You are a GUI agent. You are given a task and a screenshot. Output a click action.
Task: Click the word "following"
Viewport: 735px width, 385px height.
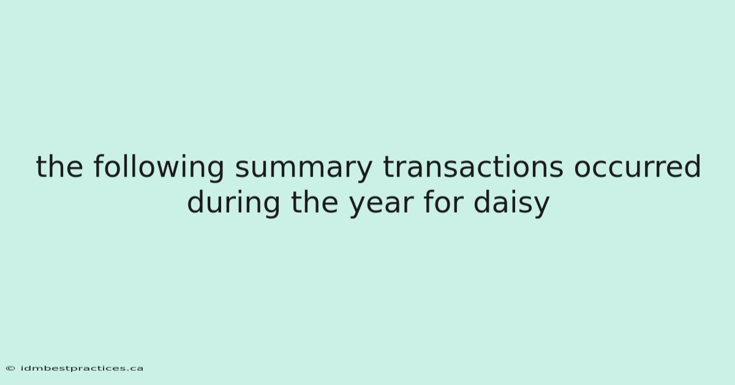[x=159, y=167]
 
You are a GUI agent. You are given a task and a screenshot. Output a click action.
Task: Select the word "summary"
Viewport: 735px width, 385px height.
[x=304, y=170]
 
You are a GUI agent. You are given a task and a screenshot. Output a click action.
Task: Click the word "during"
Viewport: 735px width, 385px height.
[x=233, y=203]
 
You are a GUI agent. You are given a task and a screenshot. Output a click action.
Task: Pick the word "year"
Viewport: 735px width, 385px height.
[x=381, y=206]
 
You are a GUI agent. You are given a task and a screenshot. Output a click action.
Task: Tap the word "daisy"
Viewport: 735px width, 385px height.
[x=512, y=203]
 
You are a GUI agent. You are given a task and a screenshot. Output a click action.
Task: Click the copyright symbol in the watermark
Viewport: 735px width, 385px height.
[x=10, y=368]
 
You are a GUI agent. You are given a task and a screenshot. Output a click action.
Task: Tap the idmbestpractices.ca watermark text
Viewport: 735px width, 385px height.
[x=81, y=368]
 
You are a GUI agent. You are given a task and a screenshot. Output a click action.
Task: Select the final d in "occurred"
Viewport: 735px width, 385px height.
[x=692, y=166]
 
